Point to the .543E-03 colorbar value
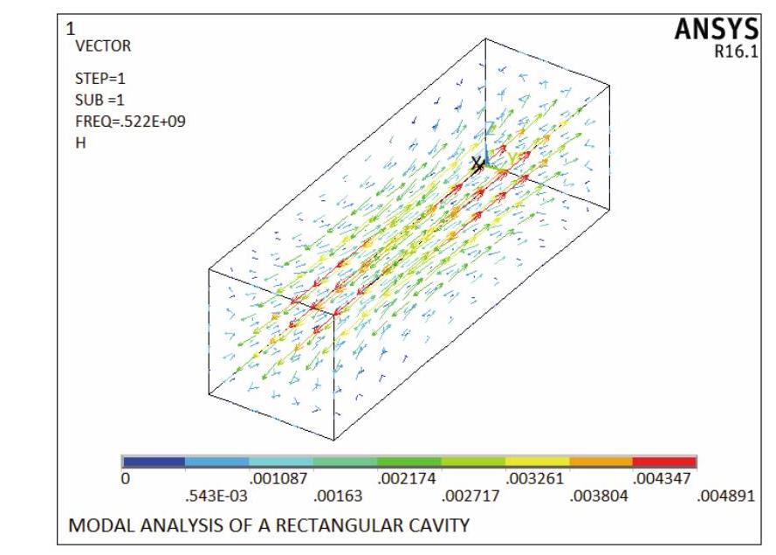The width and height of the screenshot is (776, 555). [209, 497]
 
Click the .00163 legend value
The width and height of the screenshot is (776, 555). [336, 497]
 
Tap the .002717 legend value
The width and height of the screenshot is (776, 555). [464, 497]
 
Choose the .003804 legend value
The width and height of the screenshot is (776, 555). [591, 497]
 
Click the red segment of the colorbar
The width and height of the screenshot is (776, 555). [664, 461]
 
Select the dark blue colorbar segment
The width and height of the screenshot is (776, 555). [154, 461]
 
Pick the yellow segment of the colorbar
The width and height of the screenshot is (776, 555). [537, 461]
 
